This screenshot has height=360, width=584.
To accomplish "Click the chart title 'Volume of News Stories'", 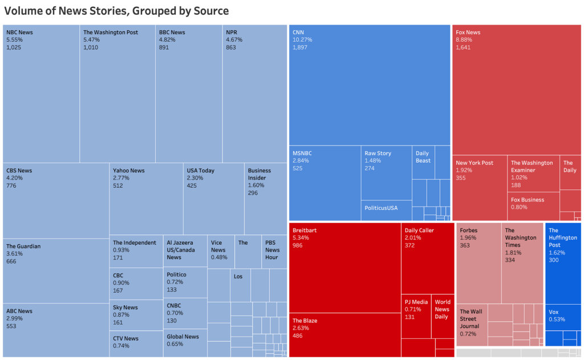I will pos(116,11).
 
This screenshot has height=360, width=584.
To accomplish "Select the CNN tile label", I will pos(299,33).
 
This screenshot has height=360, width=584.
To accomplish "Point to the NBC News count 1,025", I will pos(14,47).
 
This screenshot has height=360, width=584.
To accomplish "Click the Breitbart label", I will pos(305,230).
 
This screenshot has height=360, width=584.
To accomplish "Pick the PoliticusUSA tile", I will pos(386,209).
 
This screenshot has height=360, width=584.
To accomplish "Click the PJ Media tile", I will pos(416,317).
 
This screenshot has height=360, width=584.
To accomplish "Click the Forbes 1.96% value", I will pos(468,238).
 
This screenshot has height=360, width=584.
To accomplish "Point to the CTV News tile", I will pos(136,343).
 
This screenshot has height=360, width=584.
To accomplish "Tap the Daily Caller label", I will pos(419,230).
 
